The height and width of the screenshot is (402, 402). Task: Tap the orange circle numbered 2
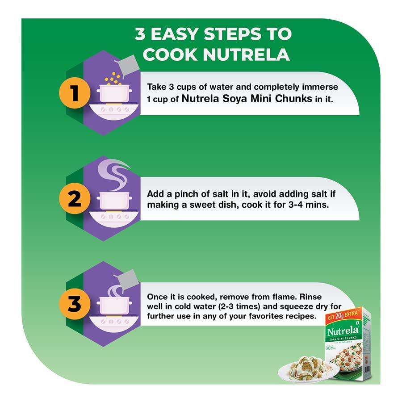[74, 199]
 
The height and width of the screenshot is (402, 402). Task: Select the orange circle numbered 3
[74, 304]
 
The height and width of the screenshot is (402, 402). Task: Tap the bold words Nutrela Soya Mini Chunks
[247, 99]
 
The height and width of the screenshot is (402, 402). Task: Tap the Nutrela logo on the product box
[343, 331]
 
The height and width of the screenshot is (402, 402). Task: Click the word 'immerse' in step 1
[322, 87]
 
